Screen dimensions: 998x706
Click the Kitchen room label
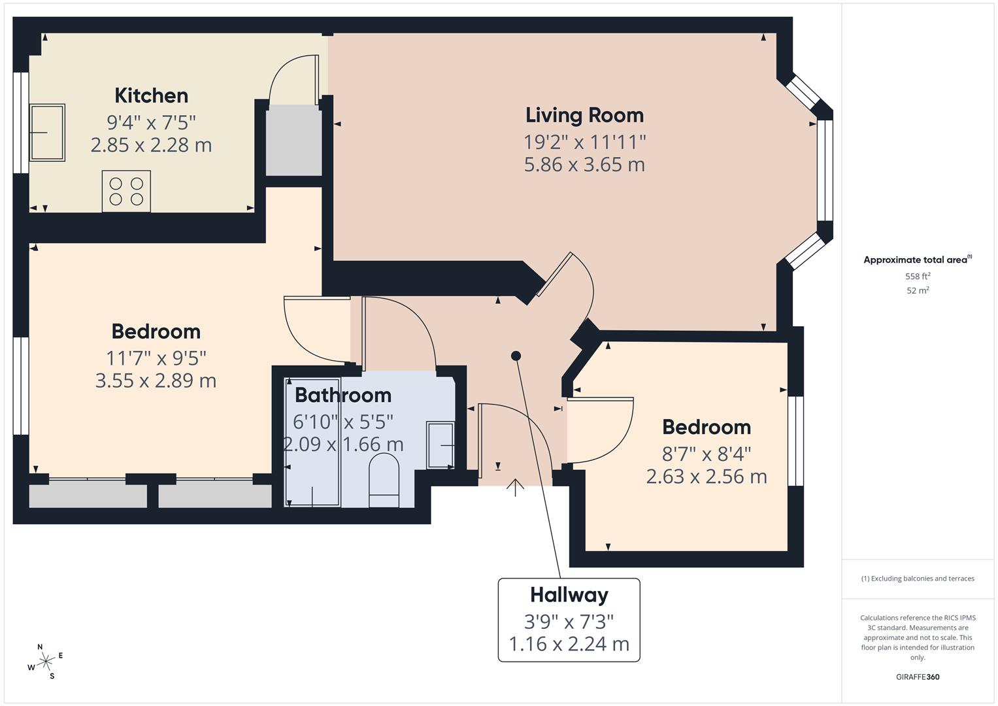(152, 96)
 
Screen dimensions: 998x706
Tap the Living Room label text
(584, 115)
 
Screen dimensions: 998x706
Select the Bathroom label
(343, 395)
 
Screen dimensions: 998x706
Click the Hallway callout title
(569, 596)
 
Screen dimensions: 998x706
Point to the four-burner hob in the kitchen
(126, 191)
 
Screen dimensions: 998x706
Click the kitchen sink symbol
(47, 132)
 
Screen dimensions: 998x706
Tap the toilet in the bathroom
(384, 480)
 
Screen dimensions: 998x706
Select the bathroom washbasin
(441, 445)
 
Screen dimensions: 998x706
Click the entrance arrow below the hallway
(515, 488)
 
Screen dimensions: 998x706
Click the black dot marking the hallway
(516, 356)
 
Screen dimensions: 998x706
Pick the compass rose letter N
(40, 647)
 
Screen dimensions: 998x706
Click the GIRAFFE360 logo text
(918, 677)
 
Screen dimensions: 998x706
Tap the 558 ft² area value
(918, 277)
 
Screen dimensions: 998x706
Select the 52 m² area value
(918, 291)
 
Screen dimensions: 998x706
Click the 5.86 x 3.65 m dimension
(584, 165)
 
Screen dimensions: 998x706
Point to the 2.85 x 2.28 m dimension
(152, 145)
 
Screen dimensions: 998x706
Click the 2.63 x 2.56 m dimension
(707, 477)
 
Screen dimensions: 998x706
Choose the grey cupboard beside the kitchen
(294, 140)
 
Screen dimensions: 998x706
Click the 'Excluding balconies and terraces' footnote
(918, 579)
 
